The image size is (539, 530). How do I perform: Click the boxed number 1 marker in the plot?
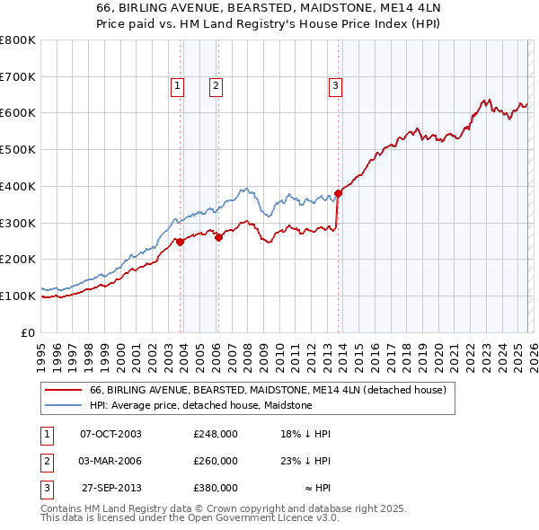[177, 86]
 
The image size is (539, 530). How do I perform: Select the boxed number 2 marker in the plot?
[216, 86]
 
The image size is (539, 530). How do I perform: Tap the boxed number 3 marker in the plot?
[335, 86]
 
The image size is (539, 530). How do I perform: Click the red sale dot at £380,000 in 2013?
[339, 193]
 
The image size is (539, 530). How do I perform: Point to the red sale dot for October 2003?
[181, 242]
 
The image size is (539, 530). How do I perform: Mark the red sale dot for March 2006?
[218, 237]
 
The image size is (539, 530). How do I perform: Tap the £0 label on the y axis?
[27, 332]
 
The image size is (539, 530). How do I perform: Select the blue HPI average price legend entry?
[200, 406]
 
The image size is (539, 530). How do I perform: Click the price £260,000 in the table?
[216, 461]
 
